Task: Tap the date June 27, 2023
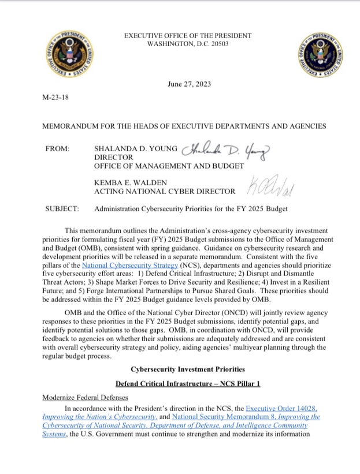[x=189, y=84]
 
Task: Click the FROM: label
[x=57, y=148]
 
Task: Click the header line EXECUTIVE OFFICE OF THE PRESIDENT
[x=188, y=36]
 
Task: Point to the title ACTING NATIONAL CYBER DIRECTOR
[x=165, y=191]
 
